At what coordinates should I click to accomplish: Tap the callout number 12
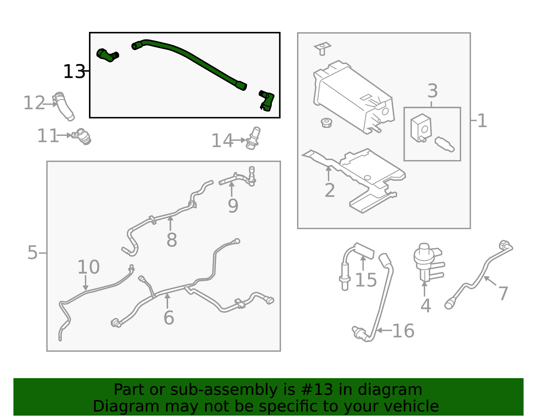[34, 103]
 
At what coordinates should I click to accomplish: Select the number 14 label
[222, 141]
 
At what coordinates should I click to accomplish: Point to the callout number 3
[433, 91]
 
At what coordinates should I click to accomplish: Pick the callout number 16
[403, 331]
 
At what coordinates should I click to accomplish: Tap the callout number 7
[503, 294]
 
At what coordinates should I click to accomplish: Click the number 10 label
[89, 267]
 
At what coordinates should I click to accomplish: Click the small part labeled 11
[82, 136]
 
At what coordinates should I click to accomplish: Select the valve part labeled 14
[253, 138]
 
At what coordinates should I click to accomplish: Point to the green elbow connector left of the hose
[107, 55]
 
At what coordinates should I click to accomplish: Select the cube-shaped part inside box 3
[421, 128]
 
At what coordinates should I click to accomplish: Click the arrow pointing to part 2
[329, 173]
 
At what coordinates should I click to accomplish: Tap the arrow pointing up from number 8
[170, 223]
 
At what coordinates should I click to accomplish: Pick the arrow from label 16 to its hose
[384, 330]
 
